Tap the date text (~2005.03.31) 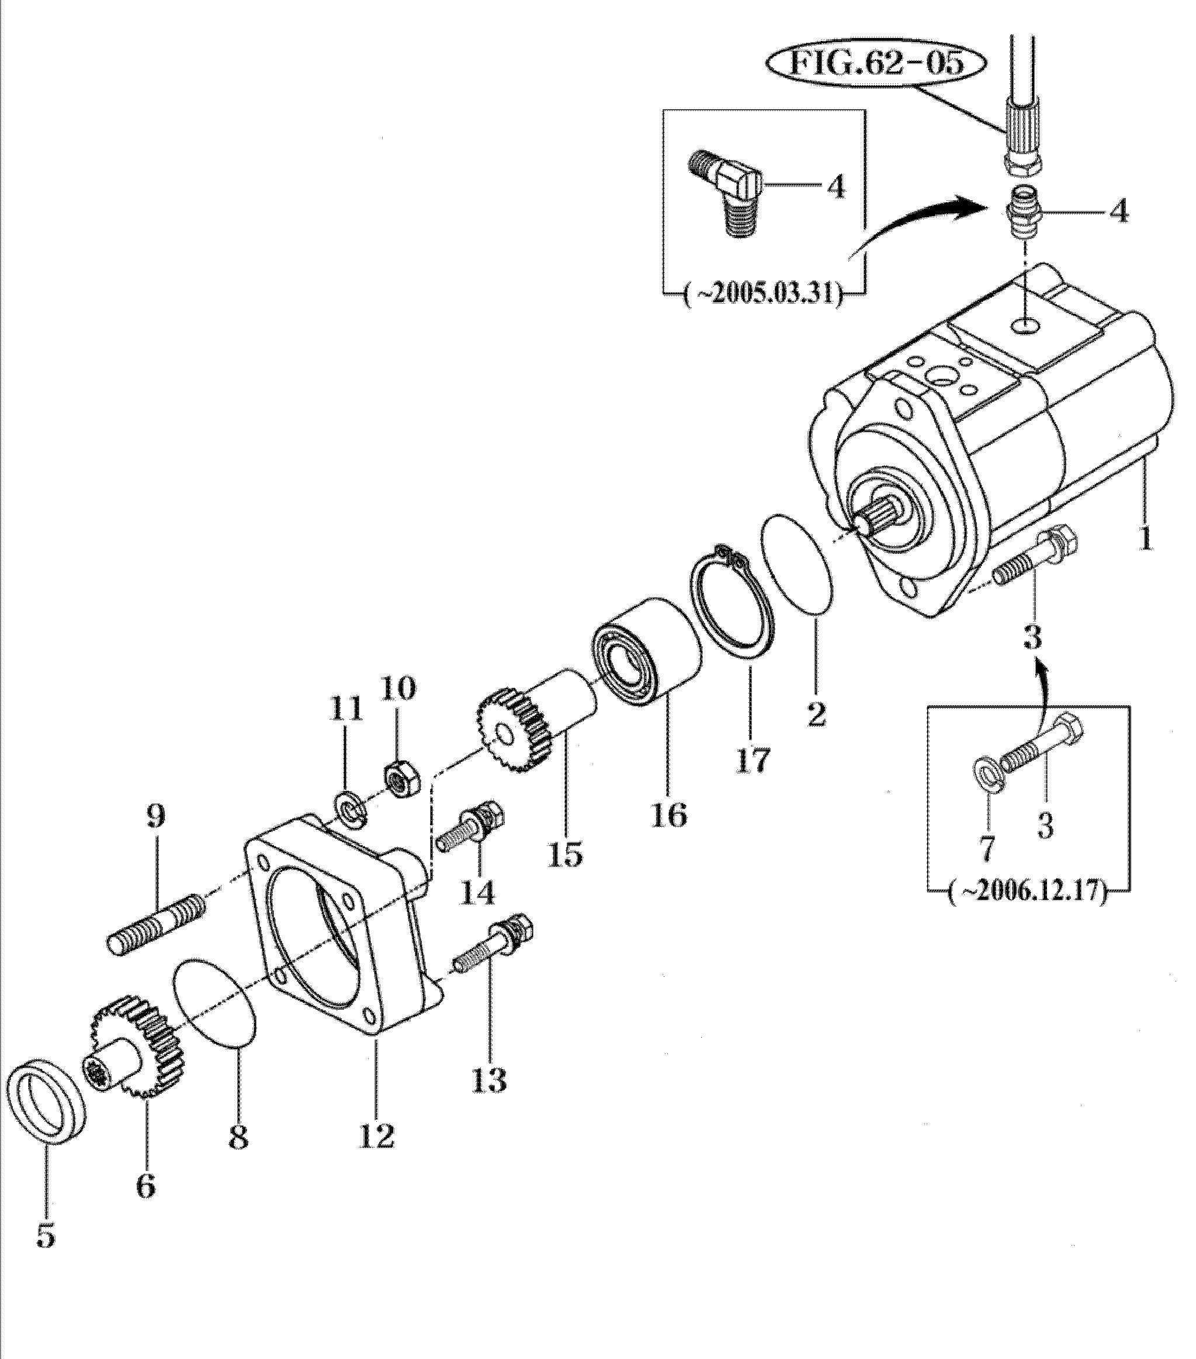point(763,293)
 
